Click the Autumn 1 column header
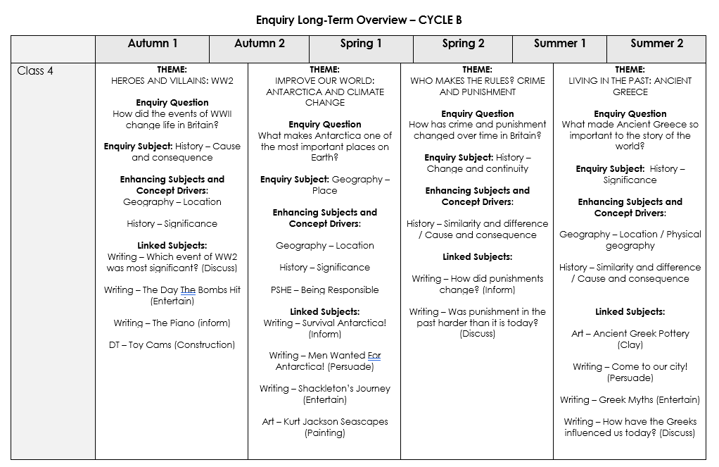click(153, 44)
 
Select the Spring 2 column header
click(463, 44)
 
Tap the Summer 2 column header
click(656, 44)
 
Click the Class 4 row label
click(35, 71)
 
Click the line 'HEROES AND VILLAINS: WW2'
click(172, 80)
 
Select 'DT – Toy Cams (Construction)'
click(172, 345)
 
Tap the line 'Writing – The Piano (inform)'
click(172, 323)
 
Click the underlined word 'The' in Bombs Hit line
click(188, 290)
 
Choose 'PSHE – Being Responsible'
click(325, 290)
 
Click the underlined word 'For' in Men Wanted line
click(374, 356)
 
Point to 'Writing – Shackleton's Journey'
click(325, 389)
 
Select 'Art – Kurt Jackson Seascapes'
click(325, 422)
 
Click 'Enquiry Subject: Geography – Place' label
click(325, 180)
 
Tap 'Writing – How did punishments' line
click(478, 279)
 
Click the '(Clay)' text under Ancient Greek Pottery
click(630, 345)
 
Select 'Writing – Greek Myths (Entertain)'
click(630, 400)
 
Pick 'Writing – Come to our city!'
click(630, 367)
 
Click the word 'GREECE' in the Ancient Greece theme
click(630, 92)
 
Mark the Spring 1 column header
click(361, 44)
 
